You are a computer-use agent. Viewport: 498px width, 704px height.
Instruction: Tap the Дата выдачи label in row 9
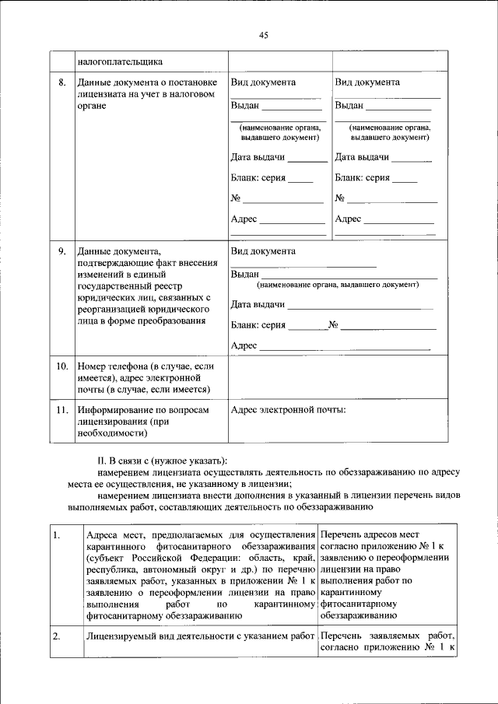[x=258, y=305]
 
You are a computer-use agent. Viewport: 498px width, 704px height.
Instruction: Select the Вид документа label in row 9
[x=263, y=252]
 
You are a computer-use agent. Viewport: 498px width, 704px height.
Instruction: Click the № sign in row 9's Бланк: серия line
[x=333, y=325]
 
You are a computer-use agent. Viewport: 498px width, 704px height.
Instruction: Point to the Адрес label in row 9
[x=244, y=345]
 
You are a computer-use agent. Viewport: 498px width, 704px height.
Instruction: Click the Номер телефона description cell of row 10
[x=144, y=377]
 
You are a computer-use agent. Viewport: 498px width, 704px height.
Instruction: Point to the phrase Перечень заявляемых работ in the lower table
[x=387, y=637]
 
